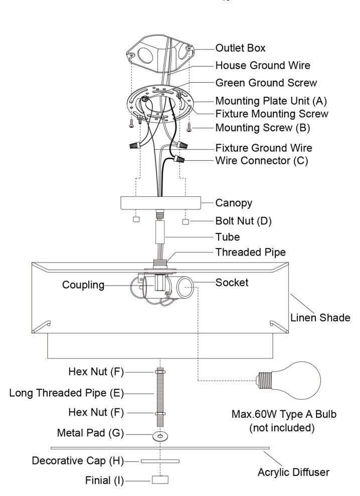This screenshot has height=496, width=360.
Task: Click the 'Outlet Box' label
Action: pos(240,49)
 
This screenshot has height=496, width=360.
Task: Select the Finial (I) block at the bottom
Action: pos(159,479)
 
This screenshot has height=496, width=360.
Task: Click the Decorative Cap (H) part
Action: pos(159,460)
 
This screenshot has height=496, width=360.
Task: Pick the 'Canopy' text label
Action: pos(234,203)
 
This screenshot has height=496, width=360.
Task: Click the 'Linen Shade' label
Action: pos(320,318)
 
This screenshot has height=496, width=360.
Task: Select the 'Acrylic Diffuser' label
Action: pos(293,471)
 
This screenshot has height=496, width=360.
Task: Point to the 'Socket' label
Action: pos(232,282)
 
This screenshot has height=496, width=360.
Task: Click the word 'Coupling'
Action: pos(83,285)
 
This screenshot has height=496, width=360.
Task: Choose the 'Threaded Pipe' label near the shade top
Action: pos(250,252)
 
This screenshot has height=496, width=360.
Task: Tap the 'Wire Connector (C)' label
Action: pos(261,161)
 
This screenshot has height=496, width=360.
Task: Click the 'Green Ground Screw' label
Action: pos(266,82)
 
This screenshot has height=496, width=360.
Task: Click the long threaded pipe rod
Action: pos(159,393)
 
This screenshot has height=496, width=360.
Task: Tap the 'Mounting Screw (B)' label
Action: pos(263,127)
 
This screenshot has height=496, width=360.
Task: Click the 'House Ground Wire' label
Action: pos(263,65)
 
